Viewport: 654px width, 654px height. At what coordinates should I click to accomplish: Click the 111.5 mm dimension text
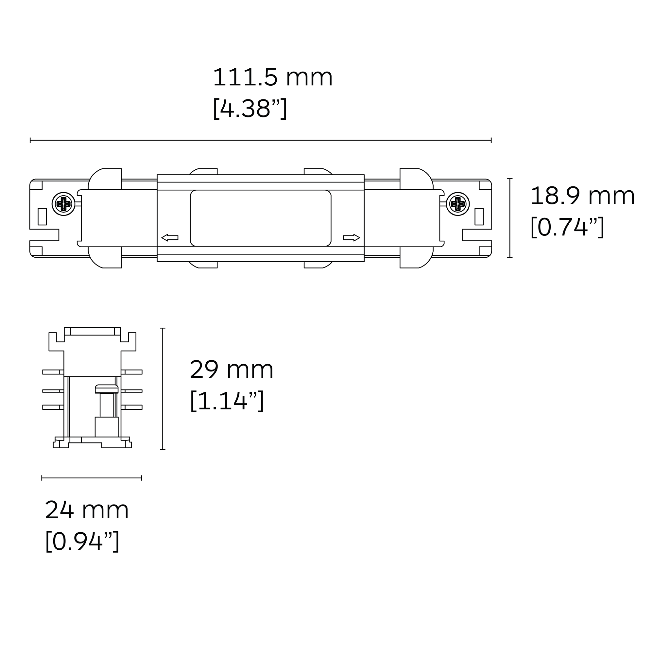pyautogui.click(x=272, y=77)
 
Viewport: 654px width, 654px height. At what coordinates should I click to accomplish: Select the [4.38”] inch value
pyautogui.click(x=250, y=108)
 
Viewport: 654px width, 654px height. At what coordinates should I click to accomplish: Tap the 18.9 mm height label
pyautogui.click(x=582, y=196)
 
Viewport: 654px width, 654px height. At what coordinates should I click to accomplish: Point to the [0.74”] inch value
pyautogui.click(x=567, y=227)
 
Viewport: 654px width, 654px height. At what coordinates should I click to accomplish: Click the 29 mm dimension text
pyautogui.click(x=231, y=370)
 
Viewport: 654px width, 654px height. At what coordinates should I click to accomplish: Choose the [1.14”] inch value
pyautogui.click(x=227, y=401)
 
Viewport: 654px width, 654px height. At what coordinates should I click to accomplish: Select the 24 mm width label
pyautogui.click(x=87, y=510)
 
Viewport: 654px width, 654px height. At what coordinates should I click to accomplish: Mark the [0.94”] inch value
pyautogui.click(x=82, y=541)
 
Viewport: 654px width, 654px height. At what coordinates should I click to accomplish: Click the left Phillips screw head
pyautogui.click(x=63, y=204)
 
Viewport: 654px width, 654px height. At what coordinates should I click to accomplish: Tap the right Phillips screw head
pyautogui.click(x=458, y=204)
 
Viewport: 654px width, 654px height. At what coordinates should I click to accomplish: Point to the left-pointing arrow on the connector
pyautogui.click(x=170, y=238)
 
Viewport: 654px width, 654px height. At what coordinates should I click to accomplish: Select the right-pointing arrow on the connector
pyautogui.click(x=351, y=238)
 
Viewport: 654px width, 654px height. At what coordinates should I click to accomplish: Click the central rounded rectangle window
pyautogui.click(x=260, y=218)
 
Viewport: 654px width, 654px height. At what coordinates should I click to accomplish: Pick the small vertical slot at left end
pyautogui.click(x=42, y=217)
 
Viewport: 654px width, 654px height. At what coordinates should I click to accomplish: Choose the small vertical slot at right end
pyautogui.click(x=479, y=217)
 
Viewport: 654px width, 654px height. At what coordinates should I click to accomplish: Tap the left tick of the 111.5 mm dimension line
pyautogui.click(x=30, y=140)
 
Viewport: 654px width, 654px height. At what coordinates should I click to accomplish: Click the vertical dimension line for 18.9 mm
pyautogui.click(x=510, y=218)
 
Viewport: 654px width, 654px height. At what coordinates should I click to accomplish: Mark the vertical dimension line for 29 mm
pyautogui.click(x=163, y=389)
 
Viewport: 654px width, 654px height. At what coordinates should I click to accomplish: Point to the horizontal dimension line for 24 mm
pyautogui.click(x=92, y=478)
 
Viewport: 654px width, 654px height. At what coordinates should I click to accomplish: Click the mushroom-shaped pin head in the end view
pyautogui.click(x=107, y=388)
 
